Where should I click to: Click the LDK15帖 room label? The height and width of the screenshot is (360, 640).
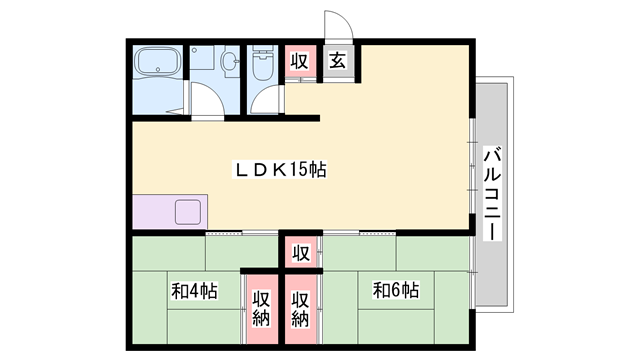[x=280, y=170]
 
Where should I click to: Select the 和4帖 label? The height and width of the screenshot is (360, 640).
[x=194, y=292]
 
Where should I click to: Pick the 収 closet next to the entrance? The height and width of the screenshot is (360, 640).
[x=299, y=62]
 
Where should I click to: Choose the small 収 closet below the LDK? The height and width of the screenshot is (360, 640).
[x=300, y=252]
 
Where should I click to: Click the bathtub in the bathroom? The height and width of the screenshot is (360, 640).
[x=158, y=65]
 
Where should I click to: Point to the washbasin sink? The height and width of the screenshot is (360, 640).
[x=229, y=62]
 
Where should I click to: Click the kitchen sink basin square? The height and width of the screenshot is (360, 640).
[x=187, y=213]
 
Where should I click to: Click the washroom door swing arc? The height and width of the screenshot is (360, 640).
[x=205, y=101]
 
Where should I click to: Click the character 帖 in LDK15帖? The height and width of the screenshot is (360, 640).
[x=317, y=170]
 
